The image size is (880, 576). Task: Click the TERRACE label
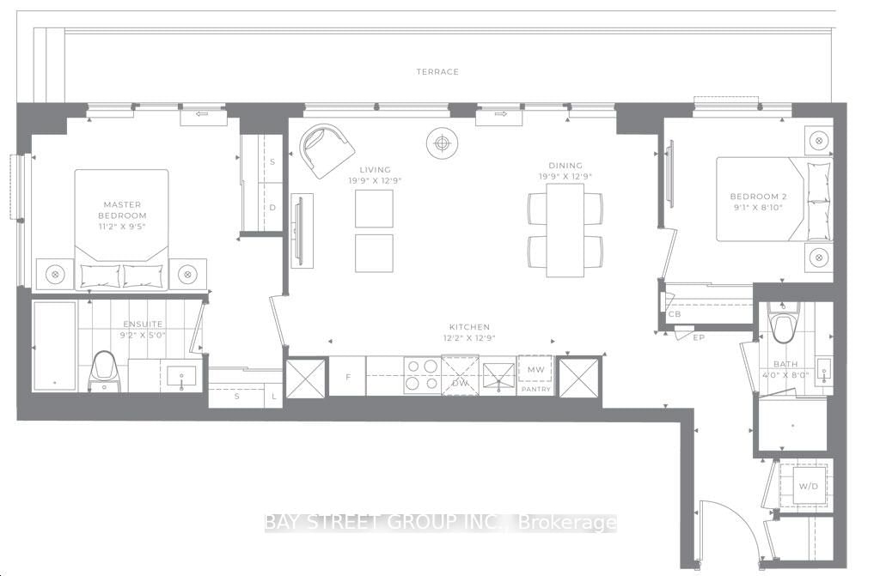click(437, 72)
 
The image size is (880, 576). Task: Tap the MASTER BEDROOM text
click(122, 210)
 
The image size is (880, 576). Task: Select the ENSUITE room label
click(144, 324)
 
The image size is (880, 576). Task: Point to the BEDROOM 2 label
click(758, 197)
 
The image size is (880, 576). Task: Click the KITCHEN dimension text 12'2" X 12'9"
click(470, 337)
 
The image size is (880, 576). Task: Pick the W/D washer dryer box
click(808, 486)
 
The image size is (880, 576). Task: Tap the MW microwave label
click(535, 370)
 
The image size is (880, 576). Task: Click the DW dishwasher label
click(461, 383)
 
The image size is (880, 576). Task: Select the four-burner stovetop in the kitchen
click(422, 375)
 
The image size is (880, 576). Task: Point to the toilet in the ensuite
click(104, 371)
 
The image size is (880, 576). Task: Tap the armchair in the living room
click(327, 150)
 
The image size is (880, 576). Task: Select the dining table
click(565, 230)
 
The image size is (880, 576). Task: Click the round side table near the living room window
click(443, 143)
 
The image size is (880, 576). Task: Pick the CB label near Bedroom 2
click(674, 314)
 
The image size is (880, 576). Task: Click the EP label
click(699, 337)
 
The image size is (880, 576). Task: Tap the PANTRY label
click(536, 389)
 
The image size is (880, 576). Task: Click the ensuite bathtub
click(54, 345)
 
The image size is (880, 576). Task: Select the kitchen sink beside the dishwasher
click(498, 375)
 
